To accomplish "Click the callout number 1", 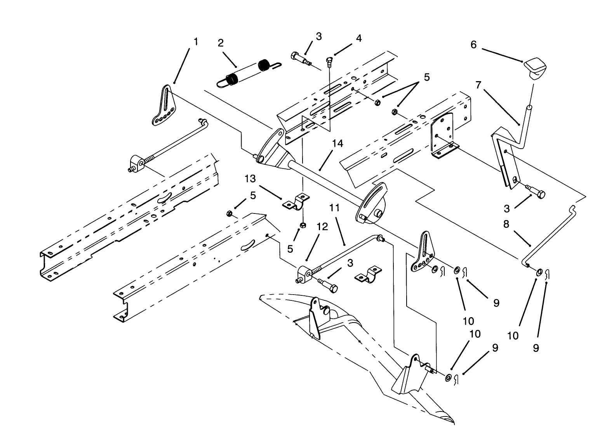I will pyautogui.click(x=196, y=42).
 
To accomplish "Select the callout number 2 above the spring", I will pyautogui.click(x=221, y=43).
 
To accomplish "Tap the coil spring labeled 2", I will pyautogui.click(x=245, y=72).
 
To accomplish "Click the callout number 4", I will pyautogui.click(x=358, y=38).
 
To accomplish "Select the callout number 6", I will pyautogui.click(x=473, y=45).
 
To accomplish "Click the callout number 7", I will pyautogui.click(x=478, y=84).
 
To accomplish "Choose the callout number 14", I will pyautogui.click(x=337, y=144).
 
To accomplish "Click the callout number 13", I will pyautogui.click(x=250, y=179).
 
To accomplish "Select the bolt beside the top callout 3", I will pyautogui.click(x=300, y=57).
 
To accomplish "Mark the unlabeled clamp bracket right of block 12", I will pyautogui.click(x=367, y=274).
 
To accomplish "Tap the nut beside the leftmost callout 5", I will pyautogui.click(x=229, y=213).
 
